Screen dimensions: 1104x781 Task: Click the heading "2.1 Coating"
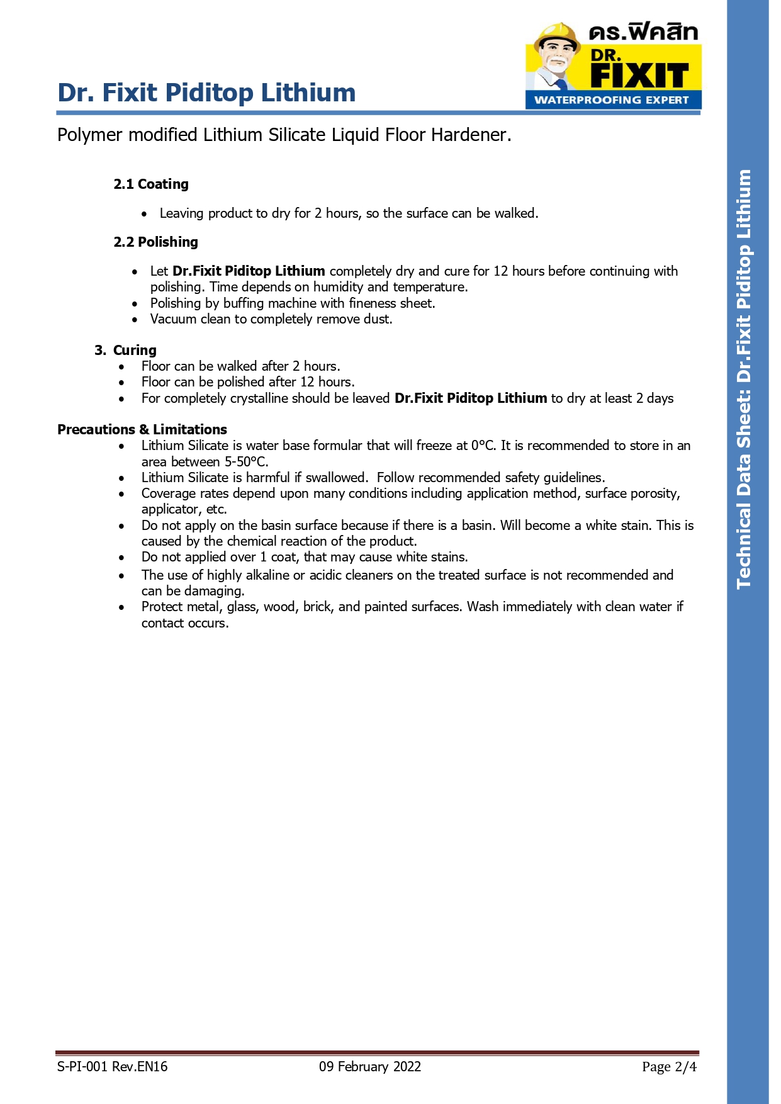coord(150,184)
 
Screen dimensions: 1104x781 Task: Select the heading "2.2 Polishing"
coord(155,242)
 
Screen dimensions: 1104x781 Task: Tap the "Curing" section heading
coord(134,350)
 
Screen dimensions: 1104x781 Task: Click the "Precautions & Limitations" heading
coord(142,429)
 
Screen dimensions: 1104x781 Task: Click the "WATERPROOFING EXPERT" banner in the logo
coord(611,100)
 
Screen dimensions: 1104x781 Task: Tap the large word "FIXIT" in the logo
coord(639,76)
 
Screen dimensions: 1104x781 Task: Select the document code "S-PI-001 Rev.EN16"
coord(112,1066)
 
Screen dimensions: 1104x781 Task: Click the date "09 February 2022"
coord(369,1066)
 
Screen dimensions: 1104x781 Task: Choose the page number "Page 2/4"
coord(669,1066)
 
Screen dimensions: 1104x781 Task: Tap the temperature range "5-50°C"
coord(246,461)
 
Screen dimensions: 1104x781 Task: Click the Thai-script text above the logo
coord(643,32)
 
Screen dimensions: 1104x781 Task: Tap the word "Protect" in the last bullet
coord(162,607)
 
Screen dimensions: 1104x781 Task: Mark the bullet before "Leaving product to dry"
coord(144,214)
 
